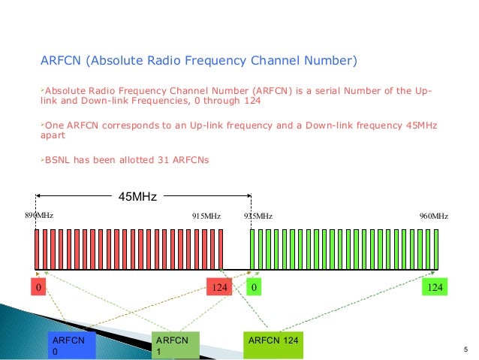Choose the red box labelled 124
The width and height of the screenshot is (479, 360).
(x=221, y=288)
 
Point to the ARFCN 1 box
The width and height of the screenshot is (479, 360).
(x=175, y=346)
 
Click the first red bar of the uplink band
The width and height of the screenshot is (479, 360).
(x=36, y=249)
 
